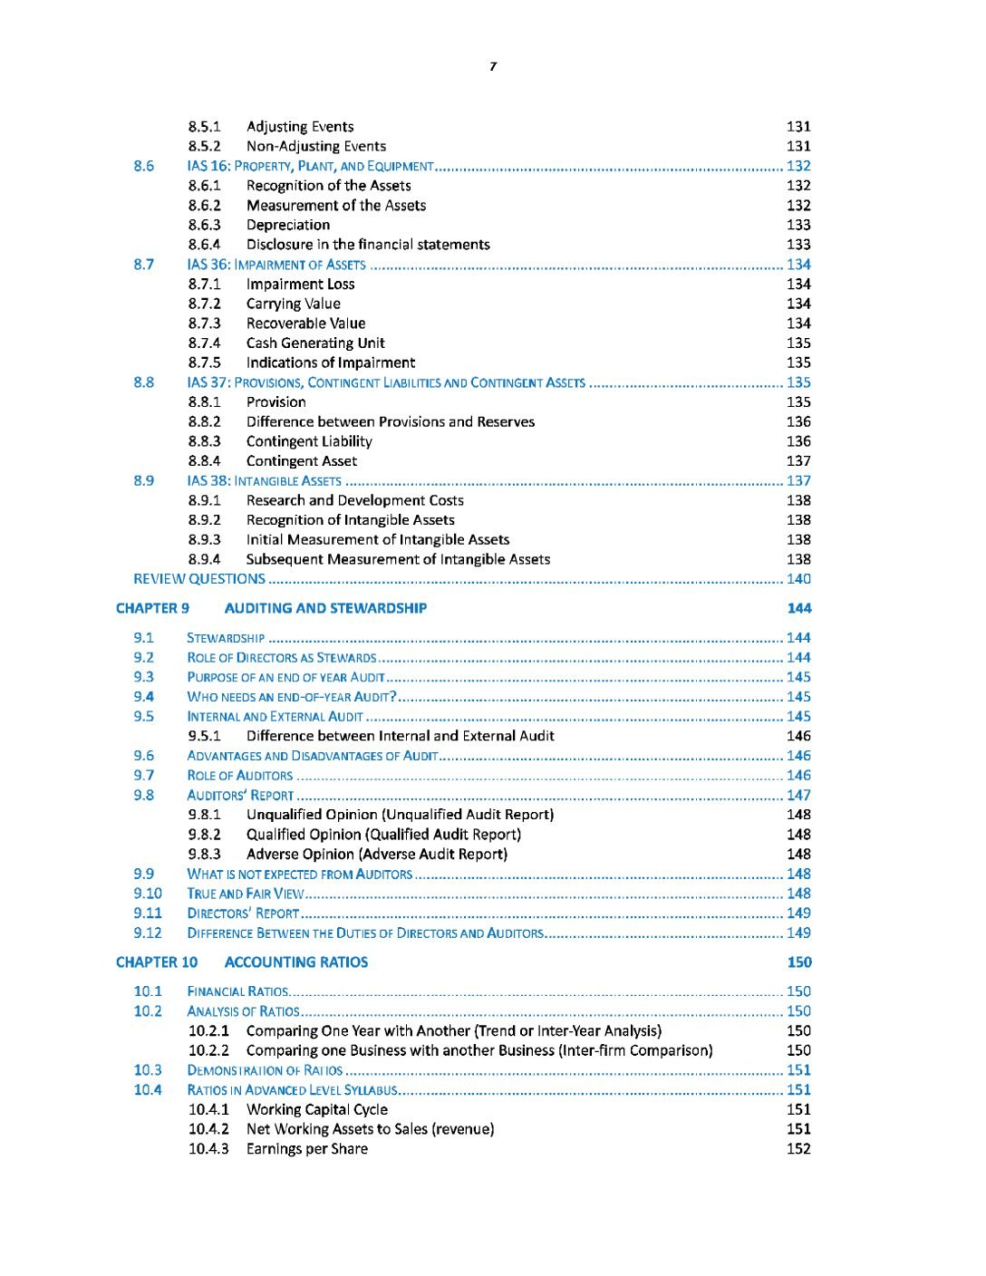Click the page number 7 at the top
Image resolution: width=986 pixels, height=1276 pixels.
[493, 66]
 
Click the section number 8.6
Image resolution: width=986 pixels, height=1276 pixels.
[143, 166]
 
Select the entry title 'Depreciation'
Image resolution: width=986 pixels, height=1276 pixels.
[287, 225]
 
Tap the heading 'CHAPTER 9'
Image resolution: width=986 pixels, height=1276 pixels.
[152, 608]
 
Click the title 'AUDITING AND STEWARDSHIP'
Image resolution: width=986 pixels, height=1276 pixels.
[325, 608]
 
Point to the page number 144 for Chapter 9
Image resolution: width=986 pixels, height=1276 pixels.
[798, 608]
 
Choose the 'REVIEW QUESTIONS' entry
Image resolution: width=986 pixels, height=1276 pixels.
[199, 579]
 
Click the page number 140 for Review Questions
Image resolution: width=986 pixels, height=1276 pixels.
[798, 579]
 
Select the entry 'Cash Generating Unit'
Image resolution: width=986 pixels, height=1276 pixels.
[315, 343]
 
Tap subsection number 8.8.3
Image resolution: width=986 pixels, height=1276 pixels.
[204, 441]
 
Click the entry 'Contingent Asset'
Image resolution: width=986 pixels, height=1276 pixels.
[301, 461]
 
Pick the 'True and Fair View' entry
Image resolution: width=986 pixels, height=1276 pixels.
[245, 894]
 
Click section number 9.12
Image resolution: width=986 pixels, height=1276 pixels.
[147, 933]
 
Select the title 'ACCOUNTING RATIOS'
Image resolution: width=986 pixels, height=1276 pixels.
[295, 962]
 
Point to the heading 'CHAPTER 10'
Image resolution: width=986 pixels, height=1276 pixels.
[156, 962]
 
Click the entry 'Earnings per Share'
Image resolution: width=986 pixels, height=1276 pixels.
[306, 1149]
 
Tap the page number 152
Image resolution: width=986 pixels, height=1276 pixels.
[798, 1149]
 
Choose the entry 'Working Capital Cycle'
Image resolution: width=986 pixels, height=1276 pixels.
[316, 1109]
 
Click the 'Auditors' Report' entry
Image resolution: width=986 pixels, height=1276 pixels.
[240, 796]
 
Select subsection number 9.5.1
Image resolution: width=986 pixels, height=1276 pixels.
[204, 736]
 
